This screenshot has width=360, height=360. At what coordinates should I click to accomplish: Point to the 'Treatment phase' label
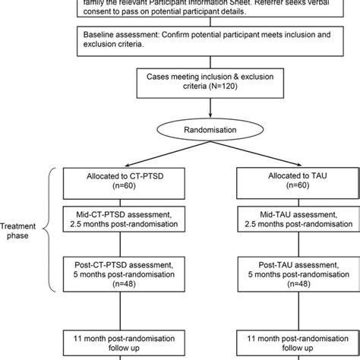[x=21, y=231]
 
